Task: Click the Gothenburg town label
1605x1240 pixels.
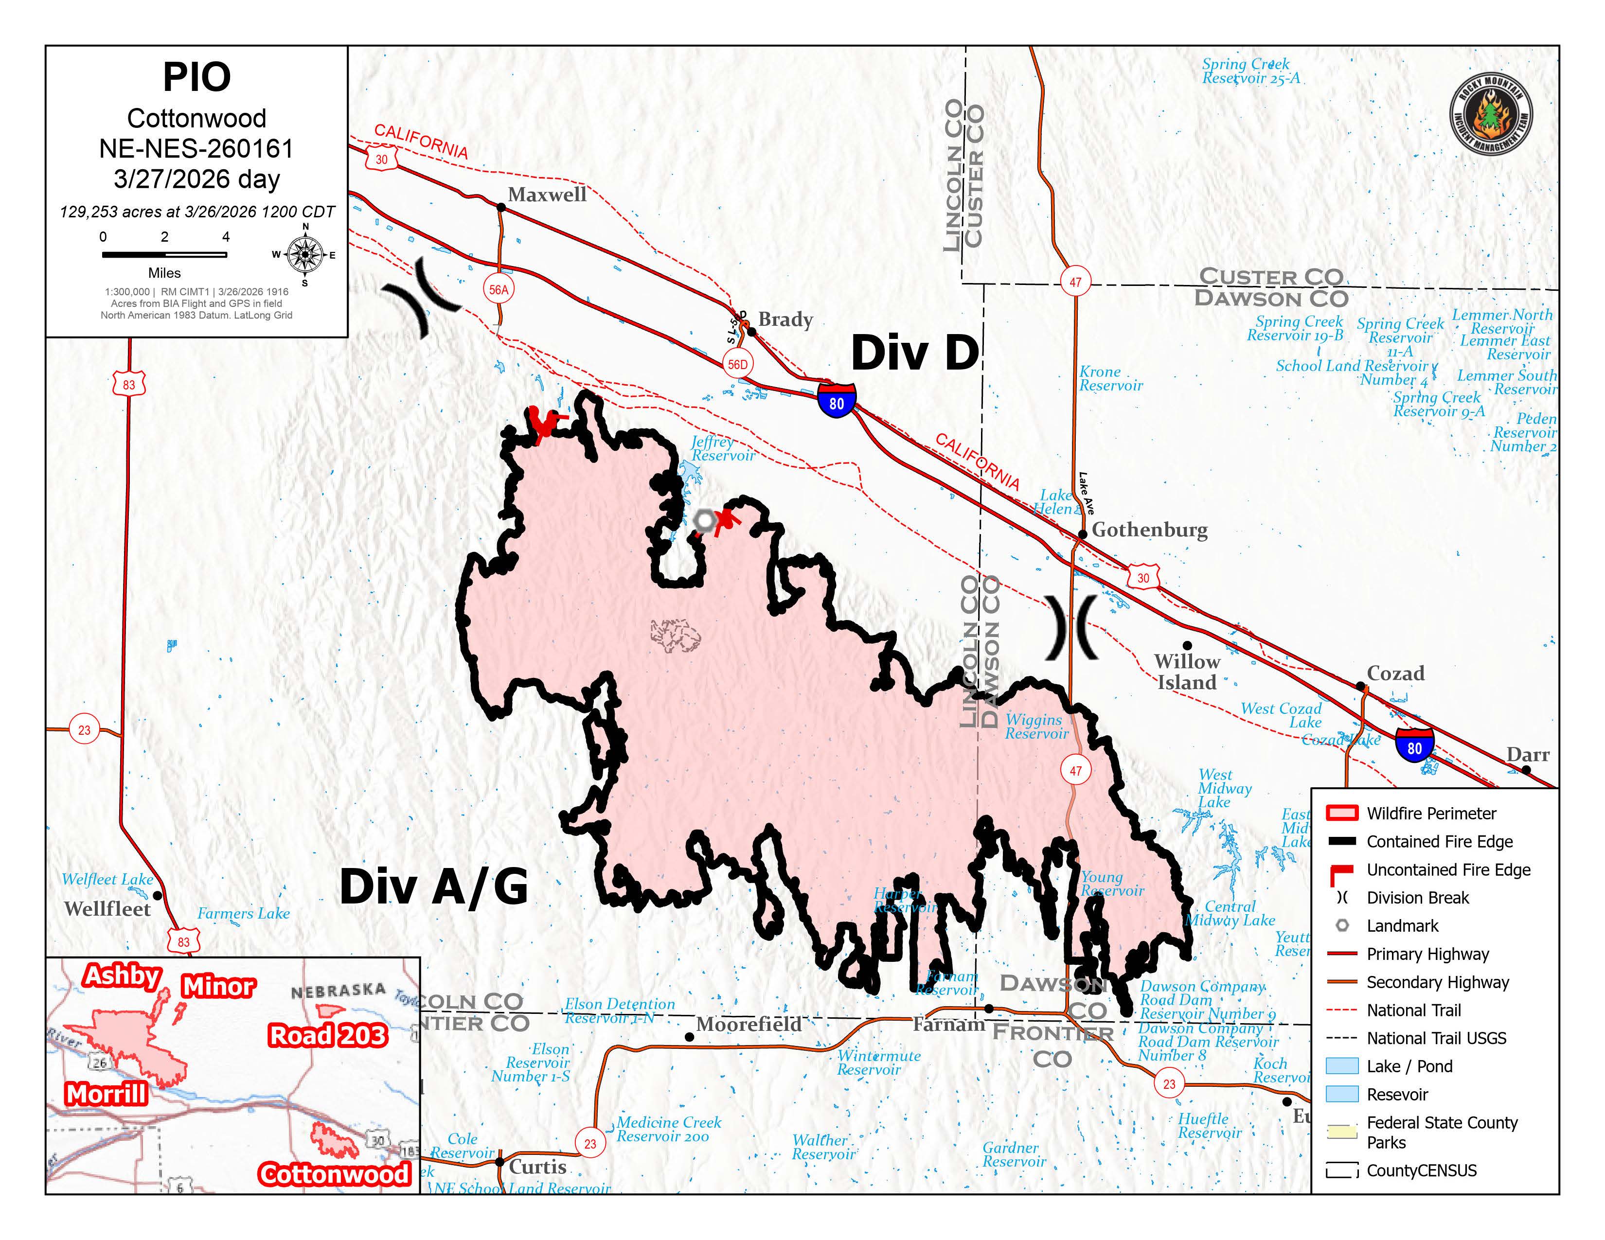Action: pyautogui.click(x=1149, y=530)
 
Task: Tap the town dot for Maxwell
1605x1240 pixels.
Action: pyautogui.click(x=501, y=207)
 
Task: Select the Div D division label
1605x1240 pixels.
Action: pyautogui.click(x=914, y=354)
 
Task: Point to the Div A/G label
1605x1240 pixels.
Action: pyautogui.click(x=433, y=886)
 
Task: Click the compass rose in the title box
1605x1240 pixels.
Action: pyautogui.click(x=304, y=254)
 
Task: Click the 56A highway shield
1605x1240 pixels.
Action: pyautogui.click(x=499, y=289)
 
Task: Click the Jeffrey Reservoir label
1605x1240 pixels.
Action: pyautogui.click(x=722, y=449)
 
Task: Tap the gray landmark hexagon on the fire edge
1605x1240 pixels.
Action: pyautogui.click(x=705, y=520)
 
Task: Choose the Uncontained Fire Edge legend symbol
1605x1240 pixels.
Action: pyautogui.click(x=1341, y=873)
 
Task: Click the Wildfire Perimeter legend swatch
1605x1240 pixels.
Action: pyautogui.click(x=1341, y=813)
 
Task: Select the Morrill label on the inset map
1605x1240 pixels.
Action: pyautogui.click(x=107, y=1094)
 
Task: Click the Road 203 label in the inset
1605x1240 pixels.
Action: pyautogui.click(x=327, y=1035)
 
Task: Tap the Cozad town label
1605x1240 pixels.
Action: pyautogui.click(x=1395, y=673)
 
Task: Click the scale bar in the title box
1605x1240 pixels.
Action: pyautogui.click(x=164, y=255)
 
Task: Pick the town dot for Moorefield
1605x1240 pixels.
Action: pyautogui.click(x=689, y=1037)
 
